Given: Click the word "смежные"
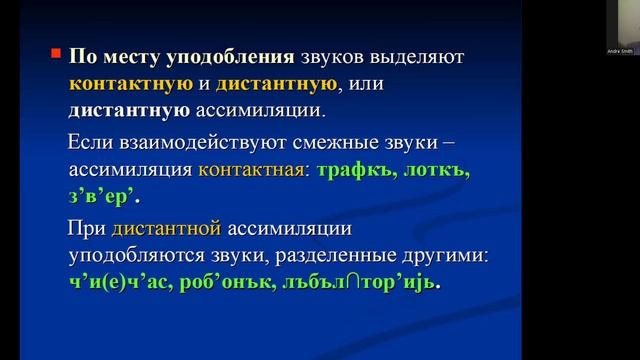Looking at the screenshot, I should point(348,143).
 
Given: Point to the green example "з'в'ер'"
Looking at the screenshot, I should point(99,195).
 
